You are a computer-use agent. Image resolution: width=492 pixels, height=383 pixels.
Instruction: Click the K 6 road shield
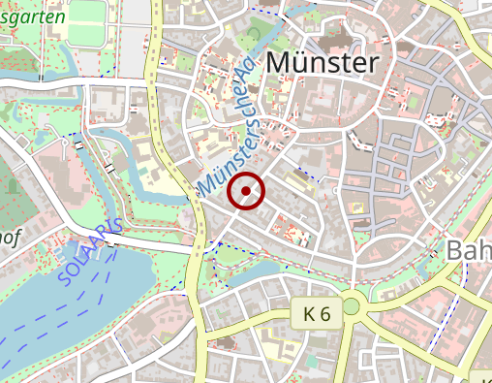[317, 314]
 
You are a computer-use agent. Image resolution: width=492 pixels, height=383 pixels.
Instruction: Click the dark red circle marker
[246, 191]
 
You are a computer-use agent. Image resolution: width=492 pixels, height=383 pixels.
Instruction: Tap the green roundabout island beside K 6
[352, 307]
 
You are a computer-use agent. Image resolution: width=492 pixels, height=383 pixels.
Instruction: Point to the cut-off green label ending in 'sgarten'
[33, 16]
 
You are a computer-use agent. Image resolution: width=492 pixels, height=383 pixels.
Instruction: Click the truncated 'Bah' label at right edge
[469, 250]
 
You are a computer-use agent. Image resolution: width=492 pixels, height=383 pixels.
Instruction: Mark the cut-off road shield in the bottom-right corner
[481, 376]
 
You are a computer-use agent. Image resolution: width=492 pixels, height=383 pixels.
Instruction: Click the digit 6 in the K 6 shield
[325, 314]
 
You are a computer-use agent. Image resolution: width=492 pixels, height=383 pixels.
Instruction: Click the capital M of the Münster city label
[276, 62]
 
